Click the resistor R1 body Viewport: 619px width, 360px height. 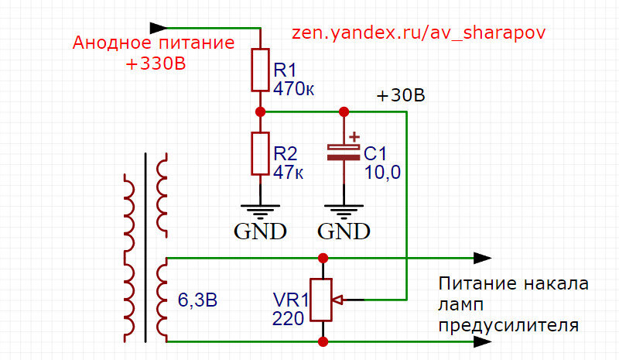tap(260, 70)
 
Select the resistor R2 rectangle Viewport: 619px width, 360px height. tap(260, 153)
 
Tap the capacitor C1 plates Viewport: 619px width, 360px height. tap(344, 153)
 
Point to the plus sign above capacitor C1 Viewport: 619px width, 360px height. tap(354, 137)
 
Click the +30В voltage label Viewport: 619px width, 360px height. tap(401, 96)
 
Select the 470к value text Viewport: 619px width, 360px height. tap(294, 89)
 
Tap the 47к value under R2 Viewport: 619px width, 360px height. tap(288, 173)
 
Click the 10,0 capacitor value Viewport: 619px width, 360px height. tap(382, 173)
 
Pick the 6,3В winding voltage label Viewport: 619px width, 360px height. tap(197, 300)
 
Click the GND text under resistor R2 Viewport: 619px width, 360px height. tap(260, 231)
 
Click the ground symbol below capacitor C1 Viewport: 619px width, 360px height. tap(344, 212)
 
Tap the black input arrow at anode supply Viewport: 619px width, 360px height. tap(159, 28)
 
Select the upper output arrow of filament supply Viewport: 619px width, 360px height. tap(482, 258)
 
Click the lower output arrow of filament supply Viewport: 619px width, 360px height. tap(482, 341)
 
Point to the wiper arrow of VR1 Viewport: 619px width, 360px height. tap(338, 300)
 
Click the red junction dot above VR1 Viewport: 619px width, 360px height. tap(323, 258)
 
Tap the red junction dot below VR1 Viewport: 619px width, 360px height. tap(323, 341)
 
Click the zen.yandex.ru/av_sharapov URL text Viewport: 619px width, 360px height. tap(419, 33)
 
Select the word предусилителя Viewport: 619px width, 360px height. tap(508, 326)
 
